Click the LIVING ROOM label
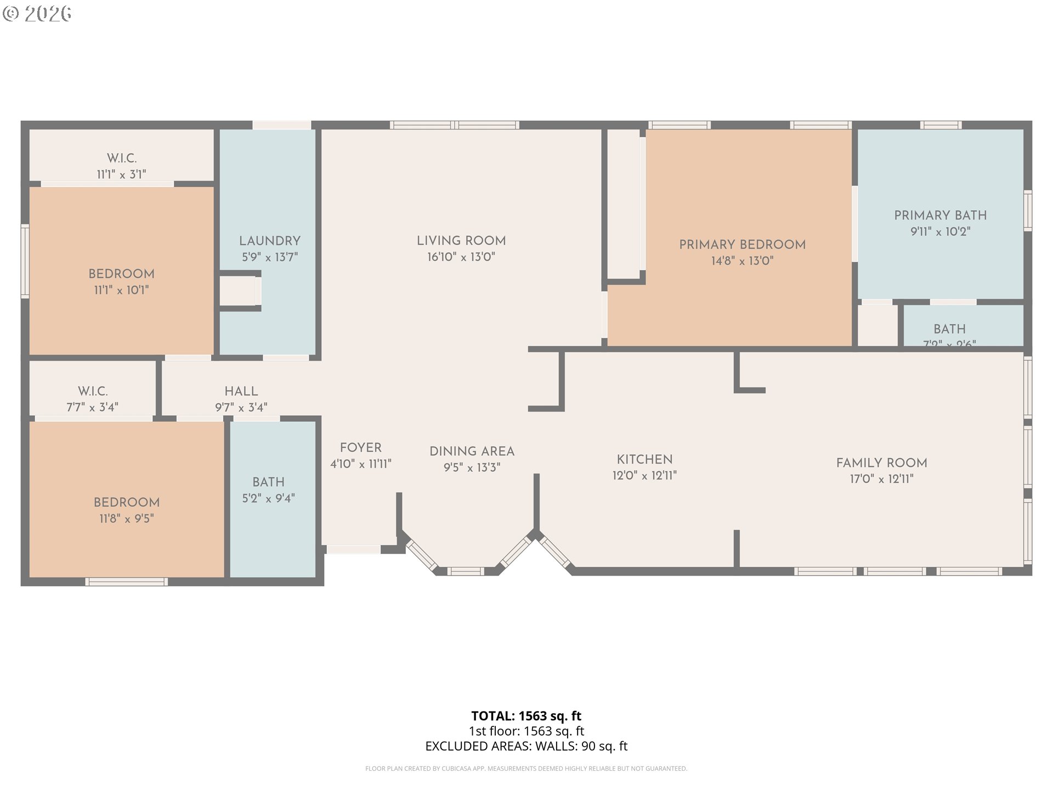click(461, 241)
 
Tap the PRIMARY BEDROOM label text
click(742, 245)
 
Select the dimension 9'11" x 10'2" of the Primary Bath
click(940, 232)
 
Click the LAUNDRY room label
click(269, 241)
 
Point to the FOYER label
click(360, 448)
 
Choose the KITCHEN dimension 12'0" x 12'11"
click(644, 476)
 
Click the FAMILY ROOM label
click(881, 463)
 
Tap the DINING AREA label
click(472, 452)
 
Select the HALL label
click(241, 391)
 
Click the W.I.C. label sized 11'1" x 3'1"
click(121, 159)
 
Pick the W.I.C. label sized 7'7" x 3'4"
click(92, 391)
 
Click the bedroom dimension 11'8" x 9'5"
click(126, 518)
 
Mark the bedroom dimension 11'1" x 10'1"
click(121, 290)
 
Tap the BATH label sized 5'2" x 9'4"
click(268, 482)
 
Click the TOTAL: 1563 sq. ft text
click(526, 716)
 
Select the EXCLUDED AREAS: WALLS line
click(526, 746)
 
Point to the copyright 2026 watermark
click(37, 13)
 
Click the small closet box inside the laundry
click(239, 291)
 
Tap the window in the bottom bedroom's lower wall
click(126, 582)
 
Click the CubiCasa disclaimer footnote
click(526, 769)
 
